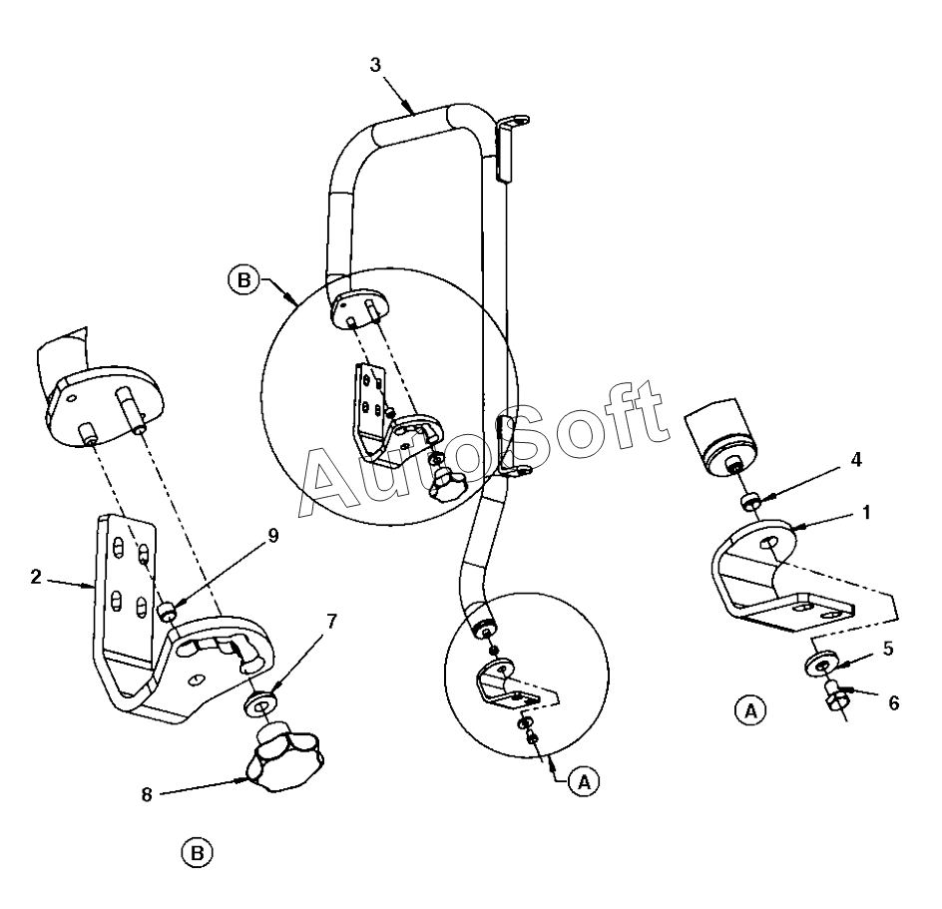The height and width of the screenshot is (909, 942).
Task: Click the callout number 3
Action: (x=374, y=65)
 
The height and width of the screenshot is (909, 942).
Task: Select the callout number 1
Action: (x=866, y=513)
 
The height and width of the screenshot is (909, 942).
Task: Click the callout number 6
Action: (x=893, y=703)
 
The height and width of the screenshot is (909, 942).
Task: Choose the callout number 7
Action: (x=331, y=622)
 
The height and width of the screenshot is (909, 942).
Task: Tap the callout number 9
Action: (x=272, y=534)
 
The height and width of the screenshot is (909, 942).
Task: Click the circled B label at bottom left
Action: (x=198, y=852)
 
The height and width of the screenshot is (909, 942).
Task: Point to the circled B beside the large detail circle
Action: (x=241, y=279)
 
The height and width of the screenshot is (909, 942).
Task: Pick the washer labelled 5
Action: (x=821, y=666)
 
